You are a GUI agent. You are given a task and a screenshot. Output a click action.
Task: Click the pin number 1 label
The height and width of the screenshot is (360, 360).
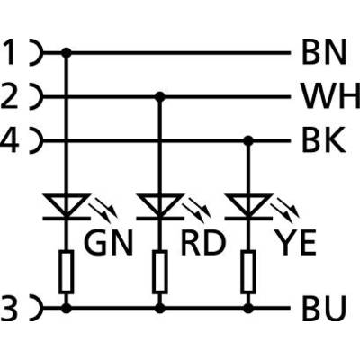click(11, 53)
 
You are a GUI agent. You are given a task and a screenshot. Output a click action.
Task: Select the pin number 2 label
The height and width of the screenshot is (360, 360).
click(8, 96)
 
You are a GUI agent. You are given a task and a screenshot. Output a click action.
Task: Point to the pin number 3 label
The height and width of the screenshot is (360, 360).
click(9, 308)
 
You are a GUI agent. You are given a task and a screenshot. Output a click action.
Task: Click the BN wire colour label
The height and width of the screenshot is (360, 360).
click(324, 53)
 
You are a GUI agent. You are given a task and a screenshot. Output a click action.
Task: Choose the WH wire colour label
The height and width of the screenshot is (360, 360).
click(331, 96)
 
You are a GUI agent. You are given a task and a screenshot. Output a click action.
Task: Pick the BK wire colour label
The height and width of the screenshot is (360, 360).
click(323, 140)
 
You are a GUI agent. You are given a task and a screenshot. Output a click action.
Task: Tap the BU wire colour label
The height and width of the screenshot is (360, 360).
click(324, 308)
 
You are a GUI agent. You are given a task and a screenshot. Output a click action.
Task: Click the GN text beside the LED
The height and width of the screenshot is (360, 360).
click(109, 244)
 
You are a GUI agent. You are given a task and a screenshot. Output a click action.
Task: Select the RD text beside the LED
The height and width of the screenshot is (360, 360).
click(202, 244)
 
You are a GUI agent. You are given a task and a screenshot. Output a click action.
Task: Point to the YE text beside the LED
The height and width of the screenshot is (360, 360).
click(295, 244)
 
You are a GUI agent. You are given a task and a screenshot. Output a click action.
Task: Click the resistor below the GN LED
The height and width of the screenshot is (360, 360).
click(67, 272)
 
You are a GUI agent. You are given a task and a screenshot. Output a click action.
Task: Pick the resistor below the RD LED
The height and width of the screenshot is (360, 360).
click(160, 272)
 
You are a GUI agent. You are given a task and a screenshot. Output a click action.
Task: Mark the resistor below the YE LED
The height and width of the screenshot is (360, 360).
click(247, 272)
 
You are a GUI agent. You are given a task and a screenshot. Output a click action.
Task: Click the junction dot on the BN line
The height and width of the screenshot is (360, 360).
click(67, 53)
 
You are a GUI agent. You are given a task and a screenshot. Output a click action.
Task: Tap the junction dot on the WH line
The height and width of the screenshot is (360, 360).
click(160, 96)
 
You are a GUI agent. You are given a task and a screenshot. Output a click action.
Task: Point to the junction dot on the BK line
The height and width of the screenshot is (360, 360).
click(247, 140)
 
